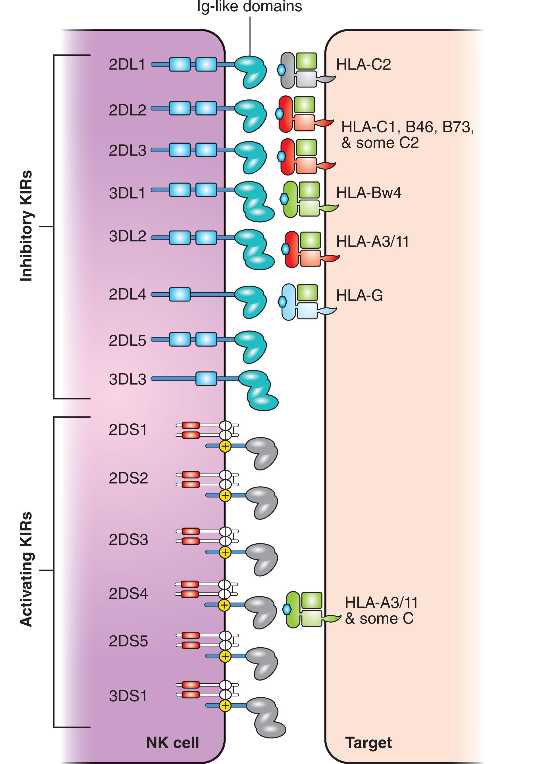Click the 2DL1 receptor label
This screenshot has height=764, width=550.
point(127,65)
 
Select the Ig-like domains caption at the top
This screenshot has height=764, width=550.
point(249,7)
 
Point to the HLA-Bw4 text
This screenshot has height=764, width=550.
point(369,193)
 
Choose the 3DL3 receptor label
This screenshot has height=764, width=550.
point(127,379)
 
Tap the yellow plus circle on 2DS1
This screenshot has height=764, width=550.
point(225,446)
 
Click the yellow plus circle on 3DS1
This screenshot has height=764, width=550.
point(225,706)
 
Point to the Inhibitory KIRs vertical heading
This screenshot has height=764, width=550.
point(26,226)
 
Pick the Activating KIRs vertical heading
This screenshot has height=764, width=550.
point(26,570)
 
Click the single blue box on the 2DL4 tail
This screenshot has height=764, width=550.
point(179,294)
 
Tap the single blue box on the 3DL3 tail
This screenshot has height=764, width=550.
point(206,379)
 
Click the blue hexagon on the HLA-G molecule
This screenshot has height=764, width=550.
point(282,302)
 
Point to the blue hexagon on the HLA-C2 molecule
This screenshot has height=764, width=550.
point(281,70)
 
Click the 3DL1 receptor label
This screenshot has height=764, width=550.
point(127,193)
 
